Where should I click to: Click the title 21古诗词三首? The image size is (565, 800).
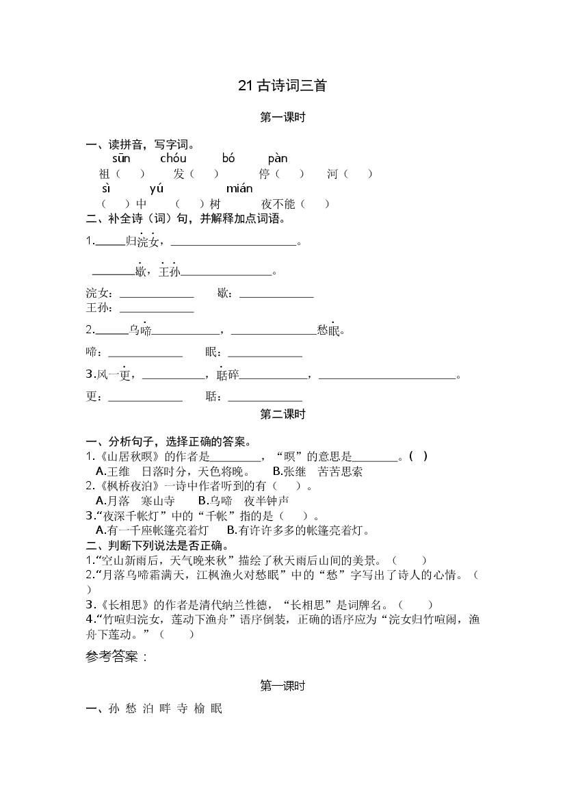point(282,86)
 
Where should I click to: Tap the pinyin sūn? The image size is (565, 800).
point(121,159)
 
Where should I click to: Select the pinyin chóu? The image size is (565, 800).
point(173,159)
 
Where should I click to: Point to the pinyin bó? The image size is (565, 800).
point(228,159)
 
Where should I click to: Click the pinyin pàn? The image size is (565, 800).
point(278,159)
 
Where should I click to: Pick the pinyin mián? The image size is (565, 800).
point(239,188)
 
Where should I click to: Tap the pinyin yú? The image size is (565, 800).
point(156,188)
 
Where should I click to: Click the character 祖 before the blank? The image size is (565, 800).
point(105,174)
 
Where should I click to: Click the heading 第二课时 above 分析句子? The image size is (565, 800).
point(282,414)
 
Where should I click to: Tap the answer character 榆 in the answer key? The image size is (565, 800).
point(198,709)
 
